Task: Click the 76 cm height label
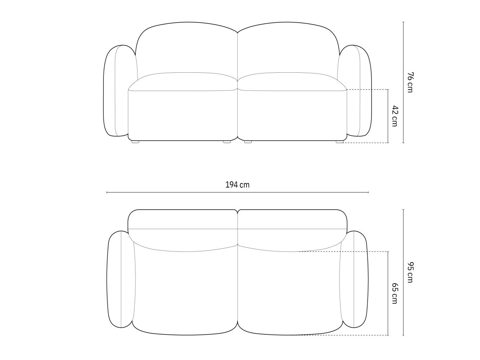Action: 410,82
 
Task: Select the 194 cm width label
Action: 237,185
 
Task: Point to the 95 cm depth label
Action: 410,272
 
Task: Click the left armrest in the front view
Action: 116,91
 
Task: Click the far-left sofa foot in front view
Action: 135,142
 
